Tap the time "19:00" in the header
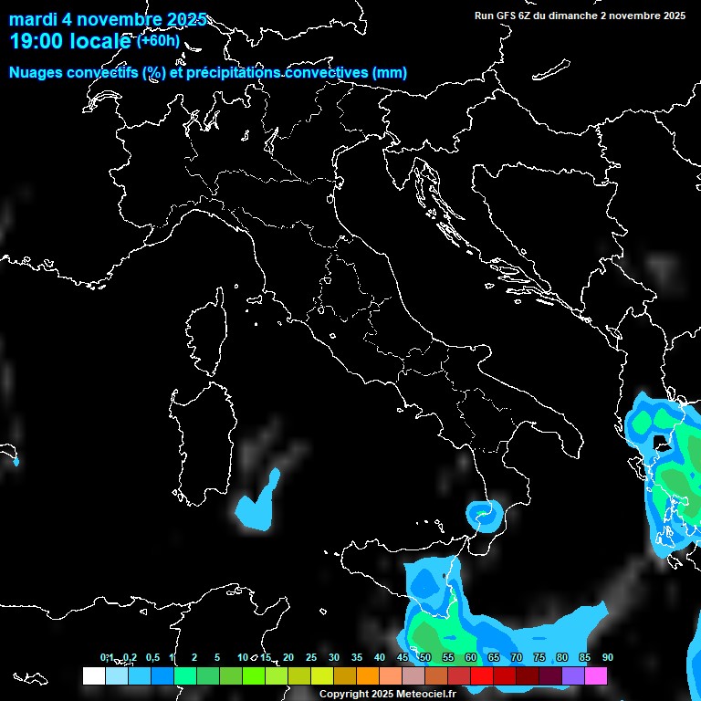(x=37, y=41)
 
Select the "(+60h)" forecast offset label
(x=158, y=41)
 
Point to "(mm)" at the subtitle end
(x=390, y=72)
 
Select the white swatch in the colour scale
(x=93, y=675)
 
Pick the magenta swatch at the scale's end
(x=596, y=675)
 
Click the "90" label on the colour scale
(x=607, y=658)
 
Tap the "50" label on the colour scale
(x=424, y=658)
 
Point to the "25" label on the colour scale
(x=311, y=658)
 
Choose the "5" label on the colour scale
(x=217, y=658)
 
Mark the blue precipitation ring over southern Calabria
(x=484, y=517)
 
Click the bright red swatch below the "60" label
(x=481, y=675)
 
